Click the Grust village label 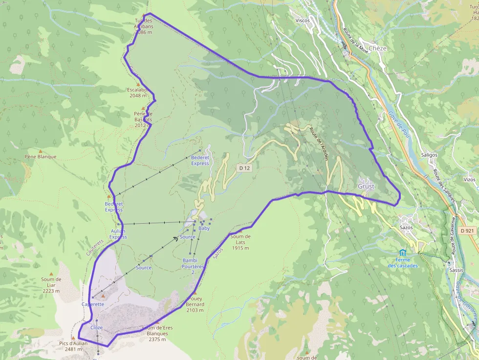[366, 187]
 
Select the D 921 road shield [467, 231]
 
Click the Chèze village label [377, 48]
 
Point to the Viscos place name [303, 21]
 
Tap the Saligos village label [429, 154]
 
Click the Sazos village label [406, 227]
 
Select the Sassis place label [456, 270]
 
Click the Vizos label [469, 180]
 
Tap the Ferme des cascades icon [402, 253]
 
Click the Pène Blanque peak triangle [41, 151]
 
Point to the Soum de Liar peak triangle [51, 274]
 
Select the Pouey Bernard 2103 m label [195, 304]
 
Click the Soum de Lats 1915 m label [240, 242]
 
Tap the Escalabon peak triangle [138, 84]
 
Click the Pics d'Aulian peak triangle [73, 338]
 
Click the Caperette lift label [93, 304]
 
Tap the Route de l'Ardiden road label [319, 144]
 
